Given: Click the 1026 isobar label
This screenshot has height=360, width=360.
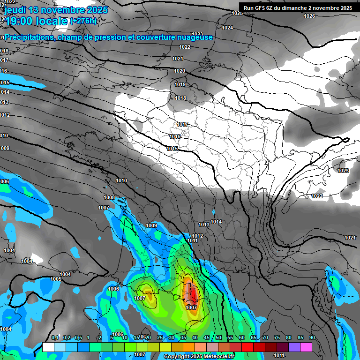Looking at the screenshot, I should [x=309, y=16].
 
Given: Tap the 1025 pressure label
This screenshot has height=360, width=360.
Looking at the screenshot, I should [x=237, y=13].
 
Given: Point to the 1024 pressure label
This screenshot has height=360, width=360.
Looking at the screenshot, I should [x=227, y=28].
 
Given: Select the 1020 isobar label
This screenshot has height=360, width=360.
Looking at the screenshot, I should [x=180, y=71].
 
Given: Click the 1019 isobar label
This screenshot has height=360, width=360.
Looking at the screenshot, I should [x=180, y=84].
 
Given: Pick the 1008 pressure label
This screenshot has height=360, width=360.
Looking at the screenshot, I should [x=109, y=197].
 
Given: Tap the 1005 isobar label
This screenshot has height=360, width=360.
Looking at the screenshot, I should [x=56, y=279].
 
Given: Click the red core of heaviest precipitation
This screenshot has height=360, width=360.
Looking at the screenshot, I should [x=193, y=294].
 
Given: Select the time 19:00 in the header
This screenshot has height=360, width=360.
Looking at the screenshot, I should [x=21, y=21].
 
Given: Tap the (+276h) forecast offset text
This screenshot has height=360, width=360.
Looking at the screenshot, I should [x=83, y=21].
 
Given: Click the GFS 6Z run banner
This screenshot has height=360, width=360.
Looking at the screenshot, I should [x=298, y=8].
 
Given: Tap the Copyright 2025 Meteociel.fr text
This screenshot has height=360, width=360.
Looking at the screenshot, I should [x=199, y=357].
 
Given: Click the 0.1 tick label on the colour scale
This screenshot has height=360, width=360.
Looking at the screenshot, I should [x=55, y=337].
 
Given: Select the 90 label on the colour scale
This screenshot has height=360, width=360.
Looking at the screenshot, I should [x=312, y=337].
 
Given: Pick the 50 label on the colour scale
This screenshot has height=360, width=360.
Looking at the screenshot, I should [x=218, y=337].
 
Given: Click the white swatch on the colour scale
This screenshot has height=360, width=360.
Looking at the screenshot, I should [x=48, y=347].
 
